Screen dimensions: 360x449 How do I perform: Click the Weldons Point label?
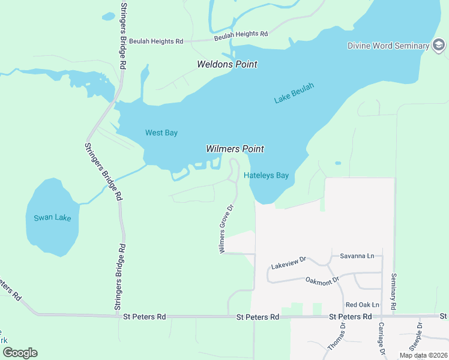[x=228, y=64]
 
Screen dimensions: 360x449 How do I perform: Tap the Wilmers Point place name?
[x=235, y=149]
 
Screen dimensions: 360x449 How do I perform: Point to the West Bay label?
[x=161, y=133]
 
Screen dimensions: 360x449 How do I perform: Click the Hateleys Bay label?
[x=267, y=176]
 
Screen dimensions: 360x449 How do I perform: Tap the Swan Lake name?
[x=52, y=217]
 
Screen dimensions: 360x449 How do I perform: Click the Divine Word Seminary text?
[x=388, y=46]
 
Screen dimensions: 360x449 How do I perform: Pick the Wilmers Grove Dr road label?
[x=226, y=228]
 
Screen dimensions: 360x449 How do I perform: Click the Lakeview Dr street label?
[x=289, y=262]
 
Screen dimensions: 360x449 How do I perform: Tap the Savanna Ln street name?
[x=357, y=256]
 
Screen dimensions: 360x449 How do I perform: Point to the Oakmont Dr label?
[x=322, y=280]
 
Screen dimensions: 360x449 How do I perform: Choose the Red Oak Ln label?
[x=363, y=305]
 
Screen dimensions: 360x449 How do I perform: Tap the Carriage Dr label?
[x=381, y=340]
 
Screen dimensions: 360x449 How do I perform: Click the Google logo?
[x=20, y=353]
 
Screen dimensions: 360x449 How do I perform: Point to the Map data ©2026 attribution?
[x=423, y=355]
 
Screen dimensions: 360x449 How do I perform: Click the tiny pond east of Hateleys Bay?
[x=338, y=163]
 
